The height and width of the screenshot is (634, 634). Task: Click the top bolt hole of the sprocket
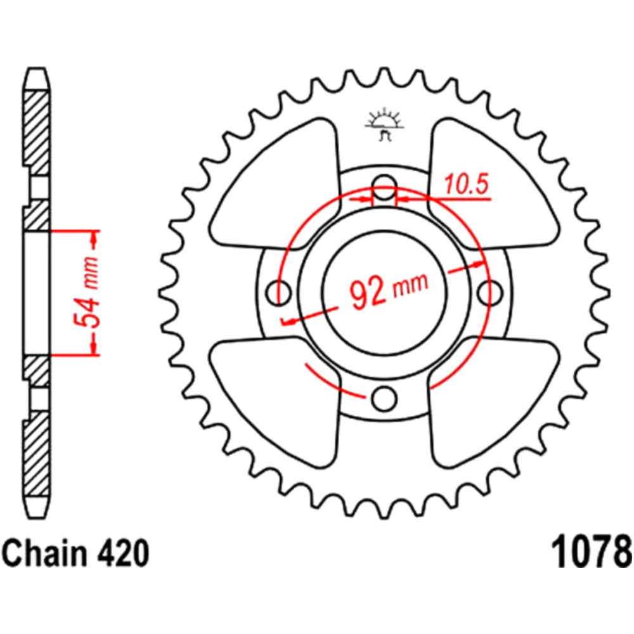385,188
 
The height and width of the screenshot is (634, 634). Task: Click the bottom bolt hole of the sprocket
384,398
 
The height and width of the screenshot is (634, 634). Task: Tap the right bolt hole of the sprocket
489,292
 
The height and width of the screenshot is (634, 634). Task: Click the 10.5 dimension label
466,184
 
